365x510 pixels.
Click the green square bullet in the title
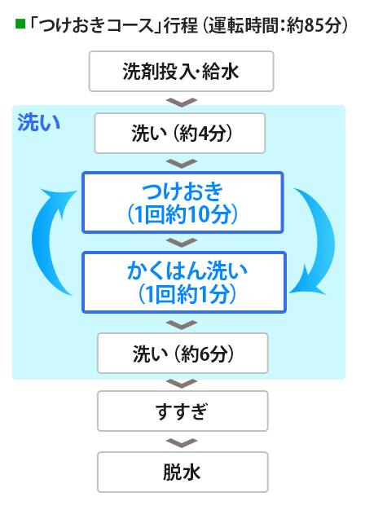20,24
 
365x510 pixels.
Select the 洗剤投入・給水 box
181,71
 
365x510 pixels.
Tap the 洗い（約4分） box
180,133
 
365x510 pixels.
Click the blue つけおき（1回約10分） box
182,202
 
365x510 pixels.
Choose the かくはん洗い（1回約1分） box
184,283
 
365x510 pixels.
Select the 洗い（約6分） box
182,354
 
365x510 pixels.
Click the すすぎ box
182,411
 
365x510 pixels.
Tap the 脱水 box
182,472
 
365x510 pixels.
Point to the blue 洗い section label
39,123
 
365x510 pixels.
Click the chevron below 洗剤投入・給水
182,102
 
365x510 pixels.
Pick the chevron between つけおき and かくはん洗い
182,242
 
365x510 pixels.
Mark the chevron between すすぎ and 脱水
182,443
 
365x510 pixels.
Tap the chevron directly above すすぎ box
182,384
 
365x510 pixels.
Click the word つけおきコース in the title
95,25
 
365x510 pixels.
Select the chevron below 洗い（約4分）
182,164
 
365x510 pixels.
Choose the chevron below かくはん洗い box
182,324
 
